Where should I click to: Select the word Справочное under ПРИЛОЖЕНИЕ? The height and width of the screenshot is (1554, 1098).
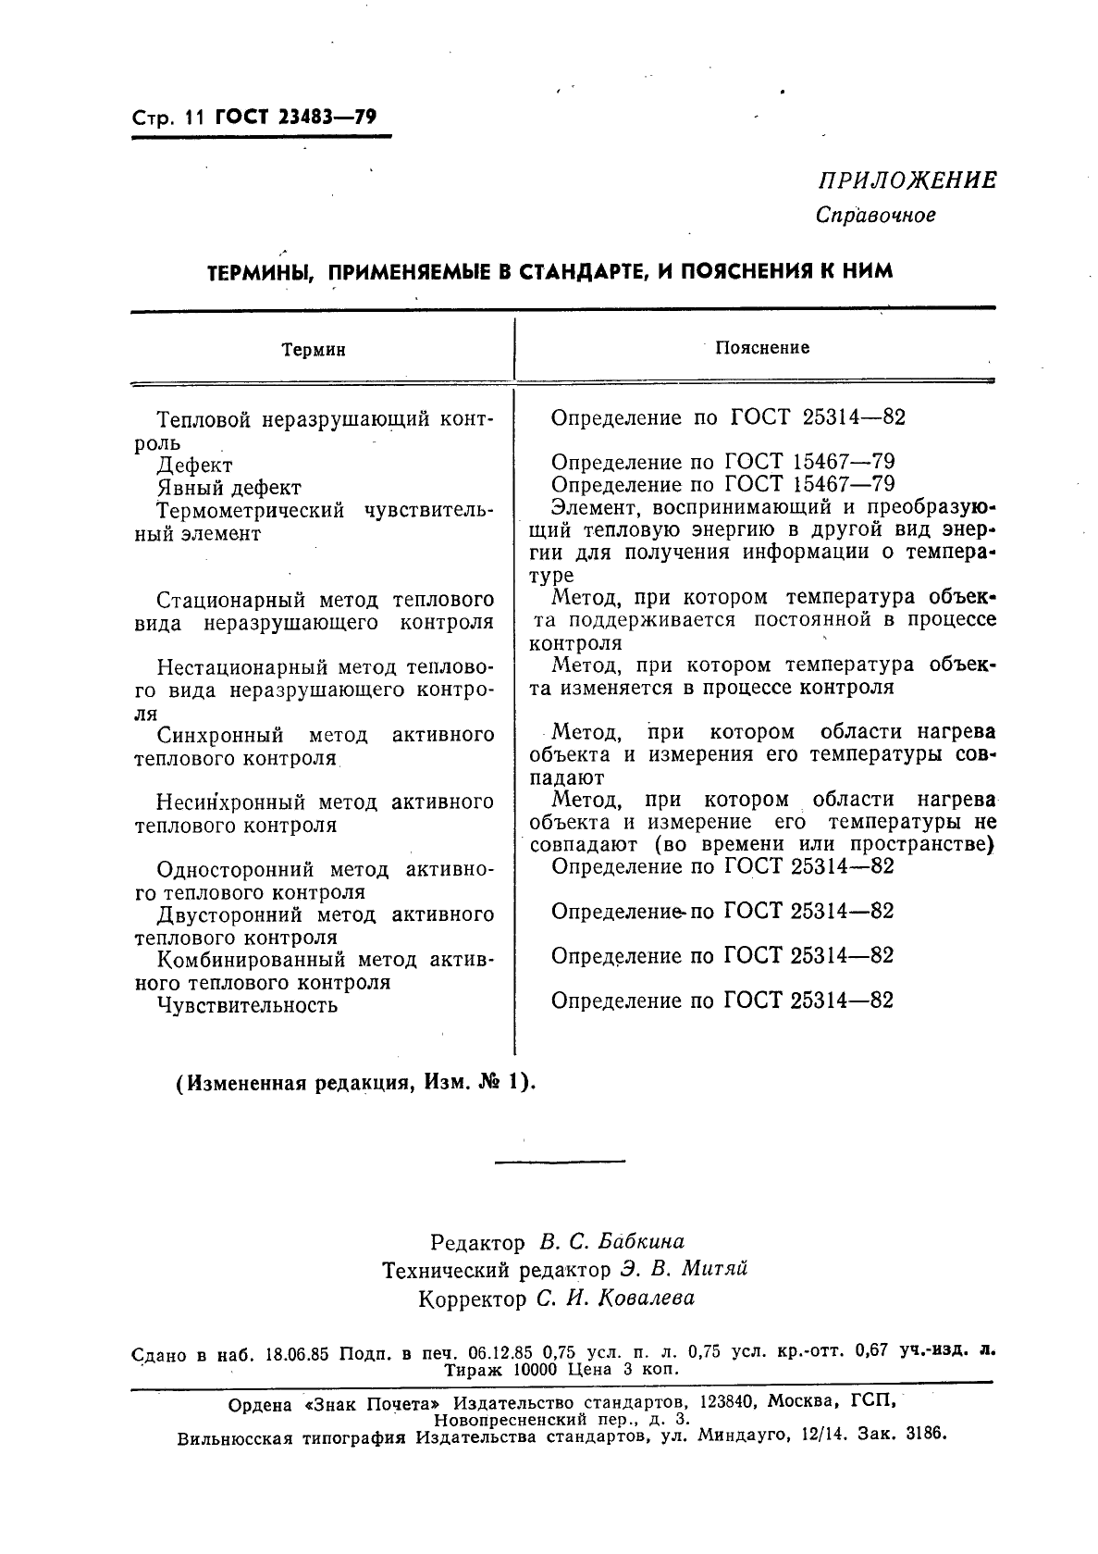(x=876, y=216)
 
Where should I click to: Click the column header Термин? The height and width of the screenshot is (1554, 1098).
(x=314, y=350)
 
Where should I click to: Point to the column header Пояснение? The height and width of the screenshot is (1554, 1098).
(x=762, y=347)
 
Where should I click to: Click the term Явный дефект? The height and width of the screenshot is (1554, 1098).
(x=228, y=488)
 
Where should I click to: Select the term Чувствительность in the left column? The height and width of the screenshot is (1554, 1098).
(x=247, y=1005)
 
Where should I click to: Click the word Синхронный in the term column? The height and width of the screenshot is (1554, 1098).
(x=219, y=736)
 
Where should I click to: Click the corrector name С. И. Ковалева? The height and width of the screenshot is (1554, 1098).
(x=615, y=1299)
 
